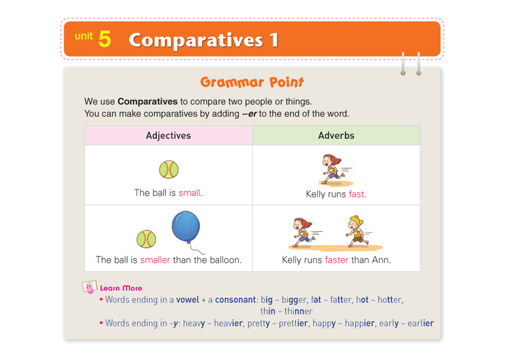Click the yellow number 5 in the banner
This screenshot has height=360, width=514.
(105, 39)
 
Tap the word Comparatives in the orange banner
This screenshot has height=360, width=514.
(195, 41)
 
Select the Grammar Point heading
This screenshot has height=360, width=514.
(252, 82)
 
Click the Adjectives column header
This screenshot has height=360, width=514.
(168, 135)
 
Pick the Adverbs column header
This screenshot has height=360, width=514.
(336, 135)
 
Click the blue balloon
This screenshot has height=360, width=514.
(186, 226)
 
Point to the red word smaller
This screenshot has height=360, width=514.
(155, 260)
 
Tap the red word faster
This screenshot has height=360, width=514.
(337, 260)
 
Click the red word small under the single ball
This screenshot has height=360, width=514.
(189, 192)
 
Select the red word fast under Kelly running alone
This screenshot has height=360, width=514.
(356, 194)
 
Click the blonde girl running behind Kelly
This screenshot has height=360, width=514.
(356, 231)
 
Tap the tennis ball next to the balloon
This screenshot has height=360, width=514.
(146, 239)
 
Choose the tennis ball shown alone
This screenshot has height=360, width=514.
(169, 169)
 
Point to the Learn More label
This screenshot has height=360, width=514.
(121, 288)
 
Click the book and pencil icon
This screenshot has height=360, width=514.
(89, 286)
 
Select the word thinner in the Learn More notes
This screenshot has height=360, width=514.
(299, 311)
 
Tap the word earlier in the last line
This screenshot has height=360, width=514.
(420, 323)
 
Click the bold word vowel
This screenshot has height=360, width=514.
(187, 299)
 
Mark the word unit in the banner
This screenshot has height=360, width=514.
(84, 35)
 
